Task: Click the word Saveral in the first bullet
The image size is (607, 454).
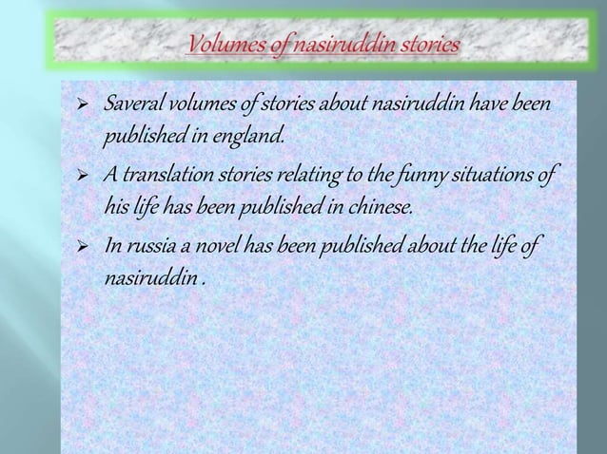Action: pyautogui.click(x=133, y=103)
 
